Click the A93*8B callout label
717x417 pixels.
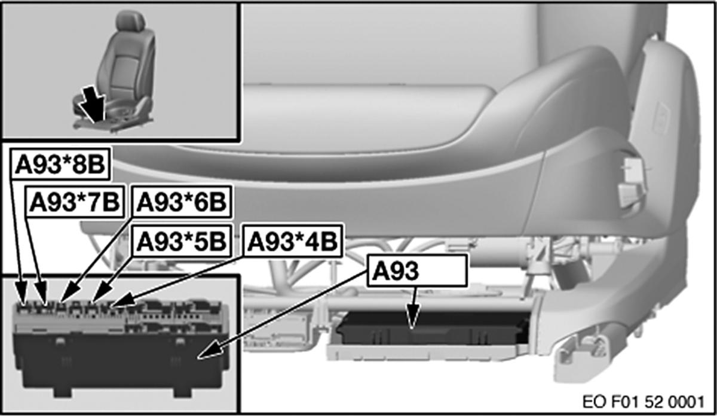click(x=60, y=164)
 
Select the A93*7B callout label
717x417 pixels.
click(x=75, y=202)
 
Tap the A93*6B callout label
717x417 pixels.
click(x=182, y=202)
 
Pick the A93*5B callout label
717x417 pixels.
click(x=182, y=241)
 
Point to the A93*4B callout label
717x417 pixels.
click(x=293, y=241)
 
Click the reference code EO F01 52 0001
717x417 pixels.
click(x=644, y=402)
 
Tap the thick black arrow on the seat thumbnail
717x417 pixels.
click(x=93, y=105)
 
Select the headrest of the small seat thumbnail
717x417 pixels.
click(x=130, y=21)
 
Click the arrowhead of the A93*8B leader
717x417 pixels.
click(x=22, y=293)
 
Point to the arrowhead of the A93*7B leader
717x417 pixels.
click(x=42, y=293)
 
